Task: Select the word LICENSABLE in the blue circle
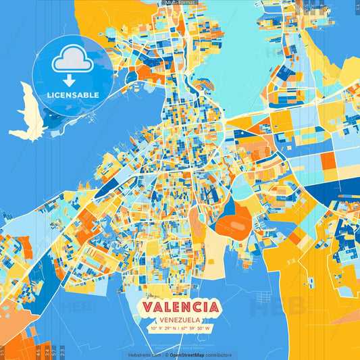72,95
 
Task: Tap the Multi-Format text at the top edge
179,3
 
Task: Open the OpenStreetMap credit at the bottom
191,355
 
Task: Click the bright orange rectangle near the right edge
328,161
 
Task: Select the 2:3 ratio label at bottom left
62,352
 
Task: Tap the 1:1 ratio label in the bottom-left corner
3,352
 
